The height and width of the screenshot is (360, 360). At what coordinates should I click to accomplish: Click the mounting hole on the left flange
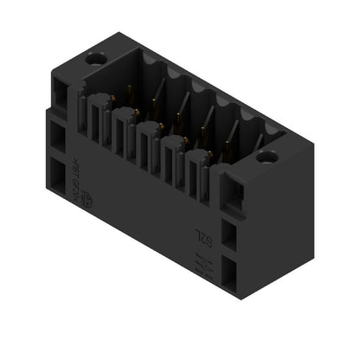coord(93,61)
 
